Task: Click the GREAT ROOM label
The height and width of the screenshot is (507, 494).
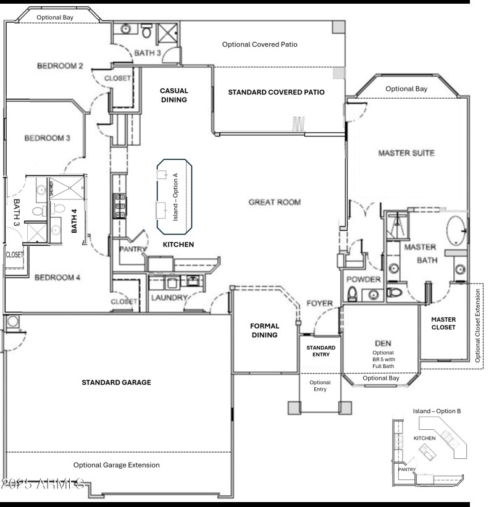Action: pyautogui.click(x=274, y=202)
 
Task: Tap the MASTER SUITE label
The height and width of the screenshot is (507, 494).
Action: pyautogui.click(x=406, y=153)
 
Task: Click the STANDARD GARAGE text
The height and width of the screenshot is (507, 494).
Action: pyautogui.click(x=116, y=383)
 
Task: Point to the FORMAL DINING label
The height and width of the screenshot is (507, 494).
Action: pyautogui.click(x=264, y=330)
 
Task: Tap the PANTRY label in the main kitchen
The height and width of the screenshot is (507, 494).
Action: pyautogui.click(x=133, y=250)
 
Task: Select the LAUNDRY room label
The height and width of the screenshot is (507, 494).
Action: pyautogui.click(x=169, y=298)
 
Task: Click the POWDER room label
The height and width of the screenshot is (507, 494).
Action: pyautogui.click(x=363, y=279)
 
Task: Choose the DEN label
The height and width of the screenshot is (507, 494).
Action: pyautogui.click(x=379, y=343)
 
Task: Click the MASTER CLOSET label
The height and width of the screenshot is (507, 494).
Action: pyautogui.click(x=443, y=324)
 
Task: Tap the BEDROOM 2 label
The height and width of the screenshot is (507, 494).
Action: pyautogui.click(x=60, y=66)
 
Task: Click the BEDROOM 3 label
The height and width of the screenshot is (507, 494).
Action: pyautogui.click(x=46, y=138)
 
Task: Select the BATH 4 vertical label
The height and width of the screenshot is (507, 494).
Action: pyautogui.click(x=74, y=220)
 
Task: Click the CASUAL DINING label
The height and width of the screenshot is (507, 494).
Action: pyautogui.click(x=174, y=94)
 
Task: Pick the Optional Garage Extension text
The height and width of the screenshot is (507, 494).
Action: pyautogui.click(x=116, y=465)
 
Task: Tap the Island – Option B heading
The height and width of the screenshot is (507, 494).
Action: pyautogui.click(x=437, y=411)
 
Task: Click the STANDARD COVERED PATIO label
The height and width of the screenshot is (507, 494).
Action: pyautogui.click(x=276, y=92)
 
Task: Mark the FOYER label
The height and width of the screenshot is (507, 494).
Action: pyautogui.click(x=319, y=303)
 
